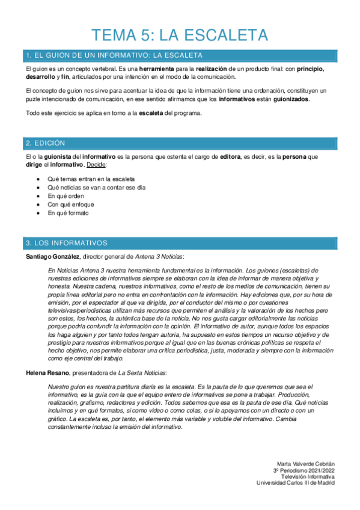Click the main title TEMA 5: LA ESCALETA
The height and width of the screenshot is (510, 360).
click(x=180, y=34)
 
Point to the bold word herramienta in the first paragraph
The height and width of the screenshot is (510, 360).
click(x=157, y=70)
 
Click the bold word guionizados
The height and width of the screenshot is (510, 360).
click(x=291, y=99)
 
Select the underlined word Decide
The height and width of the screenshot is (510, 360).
click(x=97, y=164)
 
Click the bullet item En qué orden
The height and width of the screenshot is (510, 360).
click(x=66, y=196)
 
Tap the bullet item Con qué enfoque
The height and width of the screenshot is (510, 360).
click(x=70, y=204)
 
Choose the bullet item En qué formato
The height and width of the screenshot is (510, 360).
click(x=68, y=213)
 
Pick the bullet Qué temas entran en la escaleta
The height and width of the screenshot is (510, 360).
click(x=91, y=179)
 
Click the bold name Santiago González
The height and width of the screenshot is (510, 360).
click(x=52, y=257)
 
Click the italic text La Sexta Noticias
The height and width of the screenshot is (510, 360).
click(x=144, y=373)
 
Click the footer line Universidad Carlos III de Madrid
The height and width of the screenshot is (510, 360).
click(x=296, y=482)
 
